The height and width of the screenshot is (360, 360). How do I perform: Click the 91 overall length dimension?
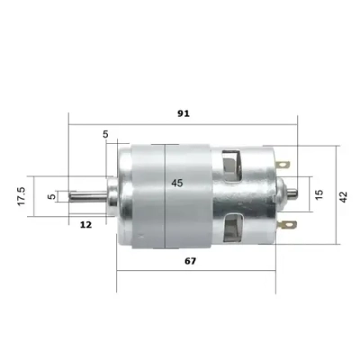[183, 113]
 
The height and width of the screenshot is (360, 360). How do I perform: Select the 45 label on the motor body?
[176, 183]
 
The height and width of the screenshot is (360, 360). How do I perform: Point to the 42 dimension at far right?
[344, 197]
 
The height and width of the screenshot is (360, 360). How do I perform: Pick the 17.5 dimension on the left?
[21, 197]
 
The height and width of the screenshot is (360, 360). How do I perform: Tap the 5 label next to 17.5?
[51, 195]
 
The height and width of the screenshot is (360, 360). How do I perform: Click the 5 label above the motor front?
[106, 134]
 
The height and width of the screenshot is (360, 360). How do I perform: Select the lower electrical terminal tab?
[288, 226]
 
